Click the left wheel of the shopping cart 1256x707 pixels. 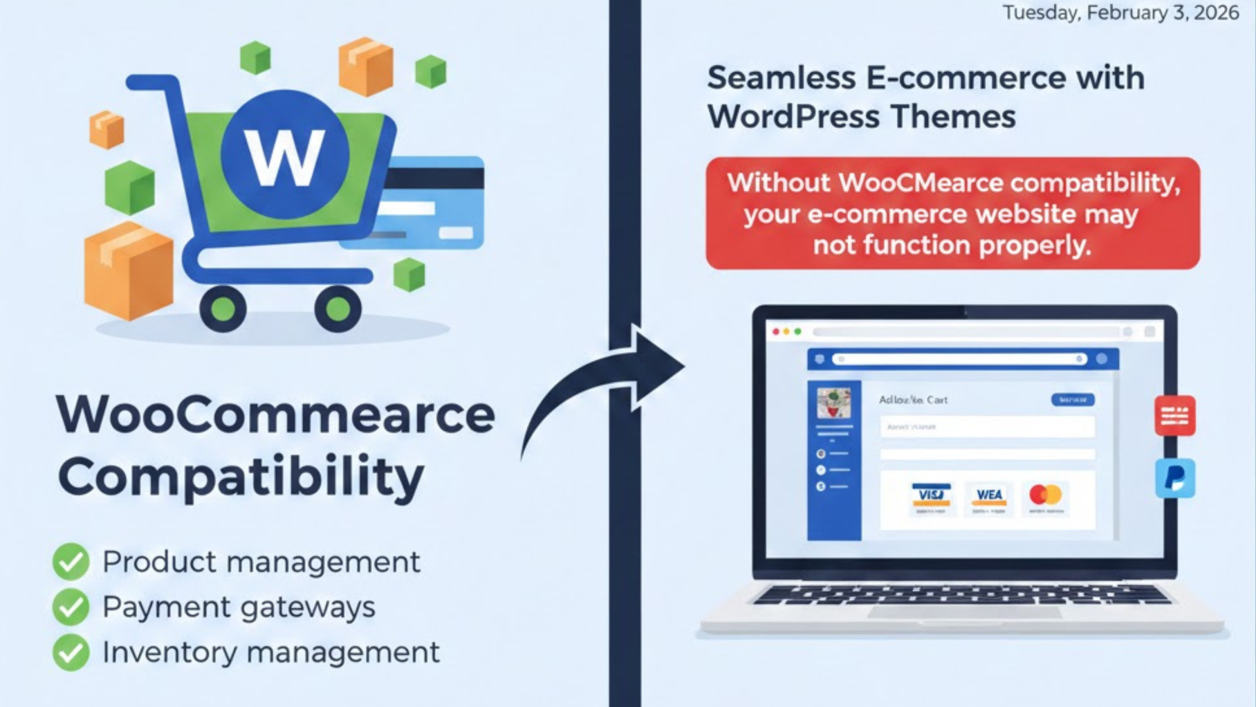pyautogui.click(x=223, y=309)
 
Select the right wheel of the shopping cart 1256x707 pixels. pyautogui.click(x=338, y=309)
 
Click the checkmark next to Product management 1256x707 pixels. pyautogui.click(x=71, y=562)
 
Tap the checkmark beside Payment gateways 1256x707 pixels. pyautogui.click(x=71, y=607)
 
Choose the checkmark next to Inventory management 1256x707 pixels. pyautogui.click(x=71, y=653)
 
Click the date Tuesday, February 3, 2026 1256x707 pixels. pyautogui.click(x=1121, y=13)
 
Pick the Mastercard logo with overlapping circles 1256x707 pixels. pyautogui.click(x=1045, y=495)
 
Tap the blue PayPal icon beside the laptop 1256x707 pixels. pyautogui.click(x=1176, y=478)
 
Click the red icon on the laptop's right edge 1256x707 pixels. pyautogui.click(x=1175, y=416)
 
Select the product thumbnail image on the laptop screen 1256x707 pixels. pyautogui.click(x=834, y=402)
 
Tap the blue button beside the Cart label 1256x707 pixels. pyautogui.click(x=1073, y=400)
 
